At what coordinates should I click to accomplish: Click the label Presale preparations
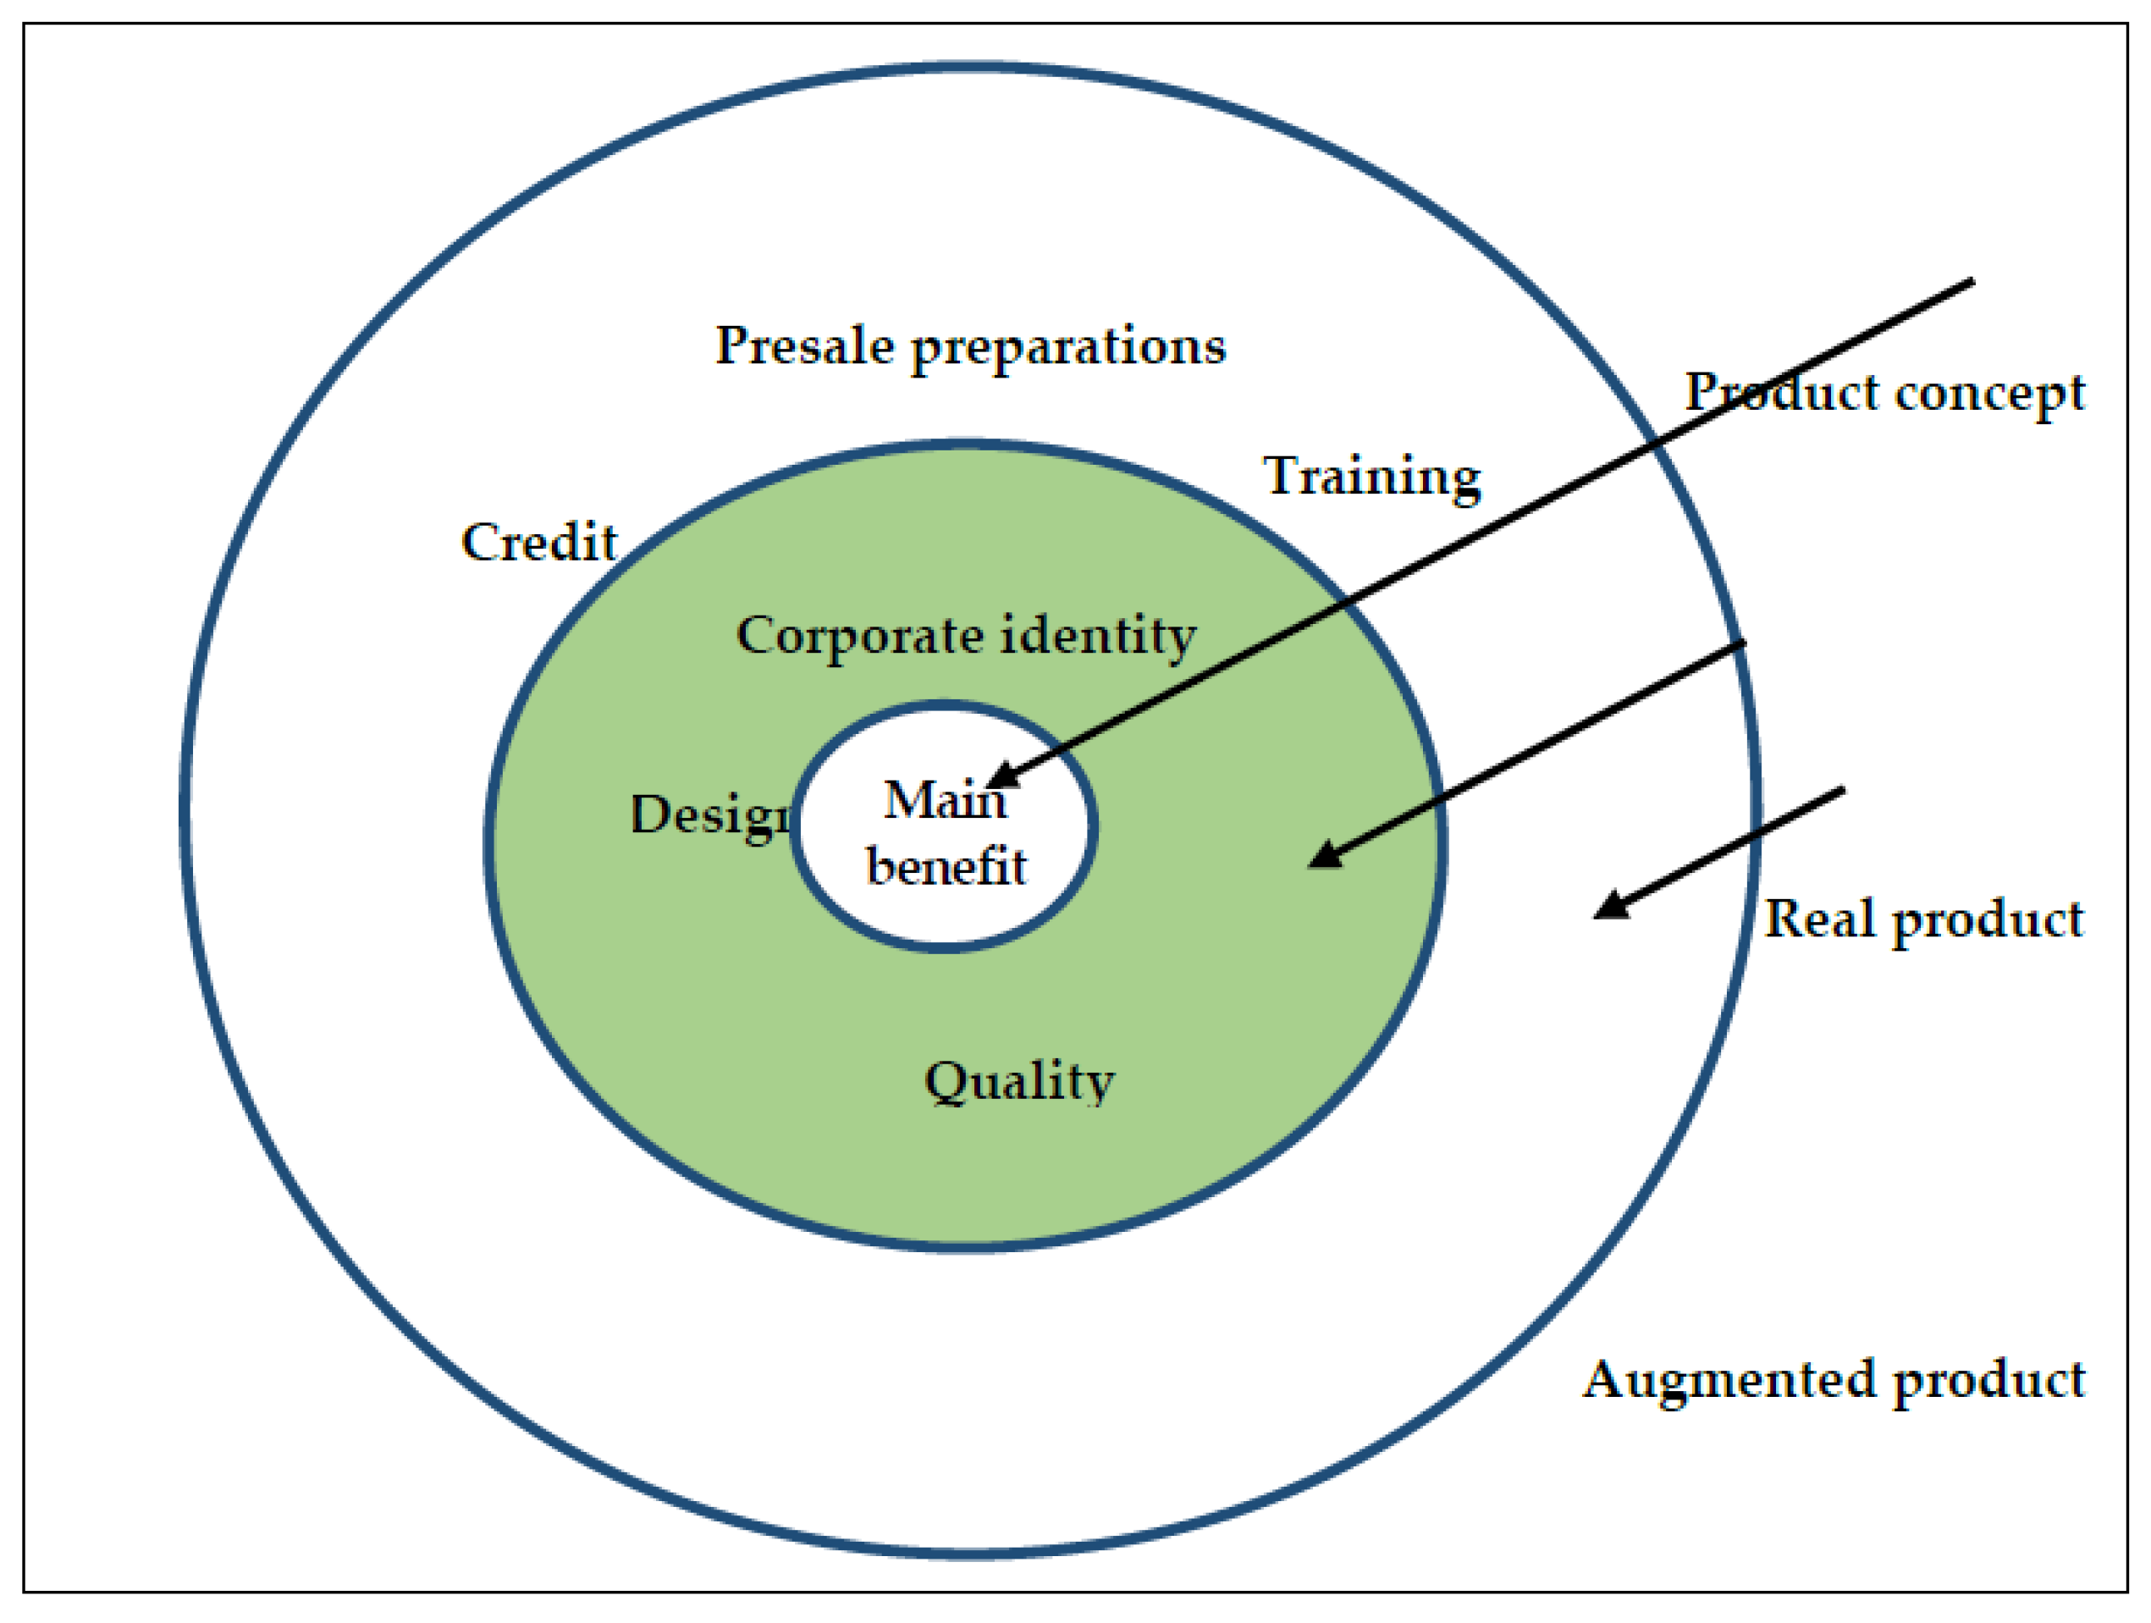(x=969, y=346)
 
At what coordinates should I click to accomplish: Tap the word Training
(x=1371, y=477)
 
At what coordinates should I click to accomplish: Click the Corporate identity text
(x=966, y=636)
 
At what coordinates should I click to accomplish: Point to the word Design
(x=712, y=815)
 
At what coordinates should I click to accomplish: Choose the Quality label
(x=1018, y=1081)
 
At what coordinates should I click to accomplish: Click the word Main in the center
(x=943, y=800)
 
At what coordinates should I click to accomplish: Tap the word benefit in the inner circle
(x=946, y=864)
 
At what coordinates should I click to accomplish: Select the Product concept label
(x=1884, y=392)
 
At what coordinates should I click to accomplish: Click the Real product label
(x=1922, y=919)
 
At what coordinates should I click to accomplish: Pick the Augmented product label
(x=1833, y=1379)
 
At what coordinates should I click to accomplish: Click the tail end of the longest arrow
(x=1972, y=281)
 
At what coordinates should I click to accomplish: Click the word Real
(x=1819, y=919)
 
